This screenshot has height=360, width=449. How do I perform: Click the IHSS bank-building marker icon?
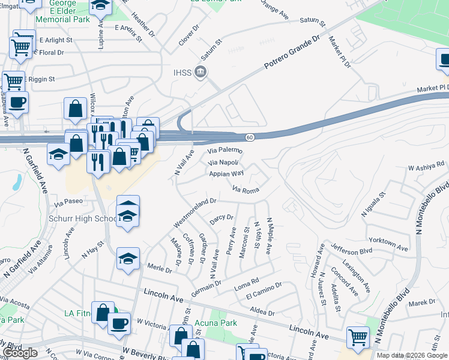tap(200, 73)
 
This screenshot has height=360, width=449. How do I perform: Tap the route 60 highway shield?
tap(250, 137)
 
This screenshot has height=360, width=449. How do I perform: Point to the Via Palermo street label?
tap(225, 150)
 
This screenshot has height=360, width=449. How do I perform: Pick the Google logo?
tap(20, 353)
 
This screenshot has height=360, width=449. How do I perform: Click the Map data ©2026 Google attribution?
tap(412, 355)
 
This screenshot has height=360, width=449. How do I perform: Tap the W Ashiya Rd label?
tap(426, 166)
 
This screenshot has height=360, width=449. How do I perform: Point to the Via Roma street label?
tap(245, 190)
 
